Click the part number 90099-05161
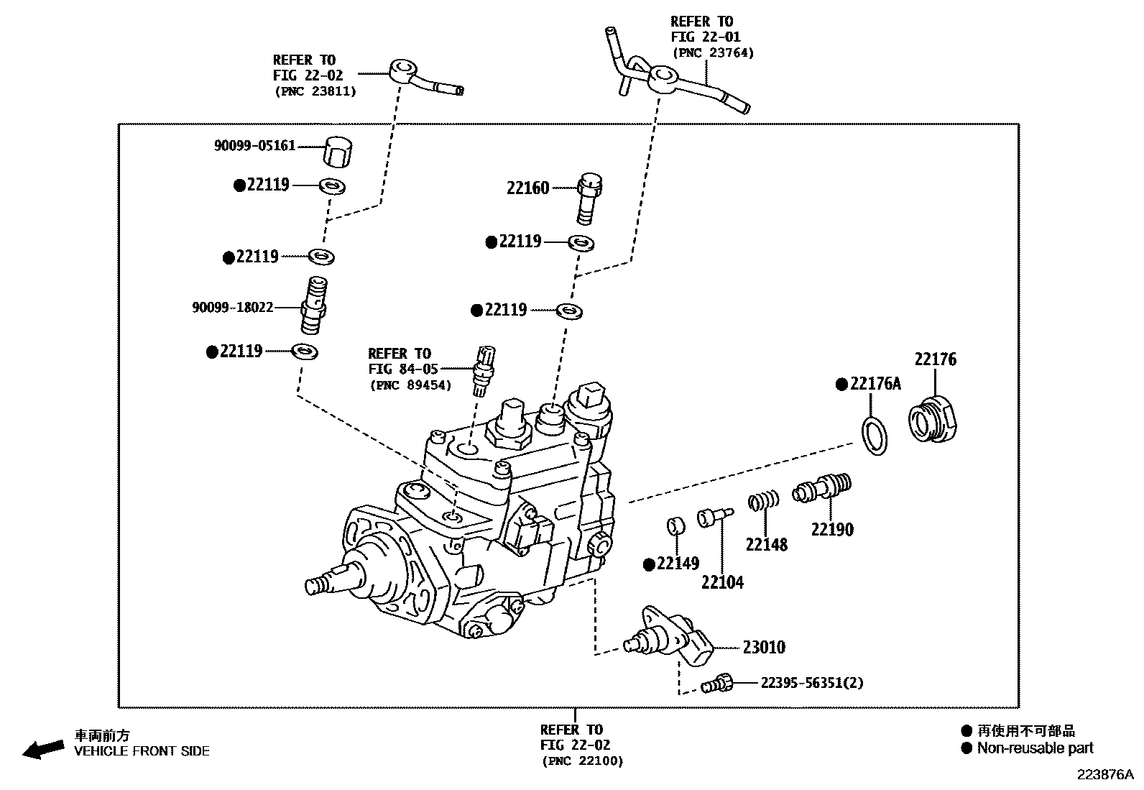click(x=254, y=146)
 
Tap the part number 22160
click(x=527, y=188)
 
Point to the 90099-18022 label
click(x=233, y=307)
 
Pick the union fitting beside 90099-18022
click(x=314, y=306)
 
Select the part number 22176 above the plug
click(x=935, y=359)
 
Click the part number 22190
click(x=832, y=530)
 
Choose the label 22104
click(x=722, y=582)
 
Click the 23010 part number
click(x=764, y=648)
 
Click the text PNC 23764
click(x=713, y=52)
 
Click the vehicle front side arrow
click(x=43, y=748)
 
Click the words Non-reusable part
click(x=1035, y=748)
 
